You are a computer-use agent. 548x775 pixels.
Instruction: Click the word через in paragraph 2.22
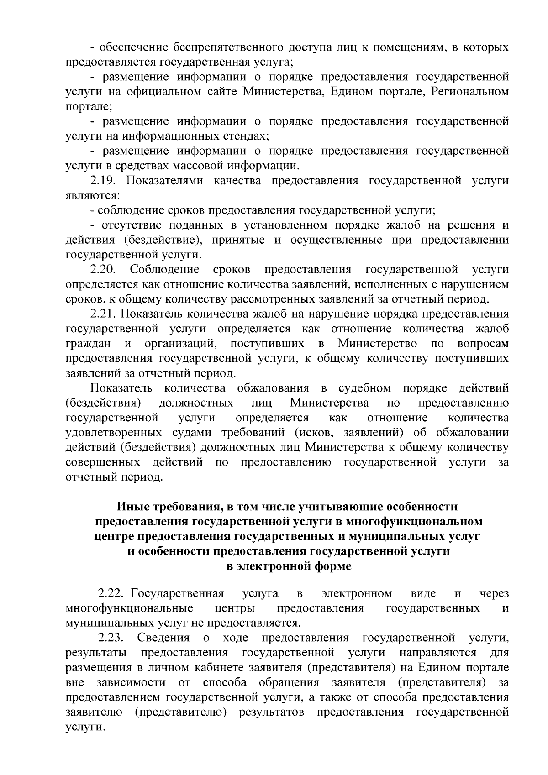(494, 594)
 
